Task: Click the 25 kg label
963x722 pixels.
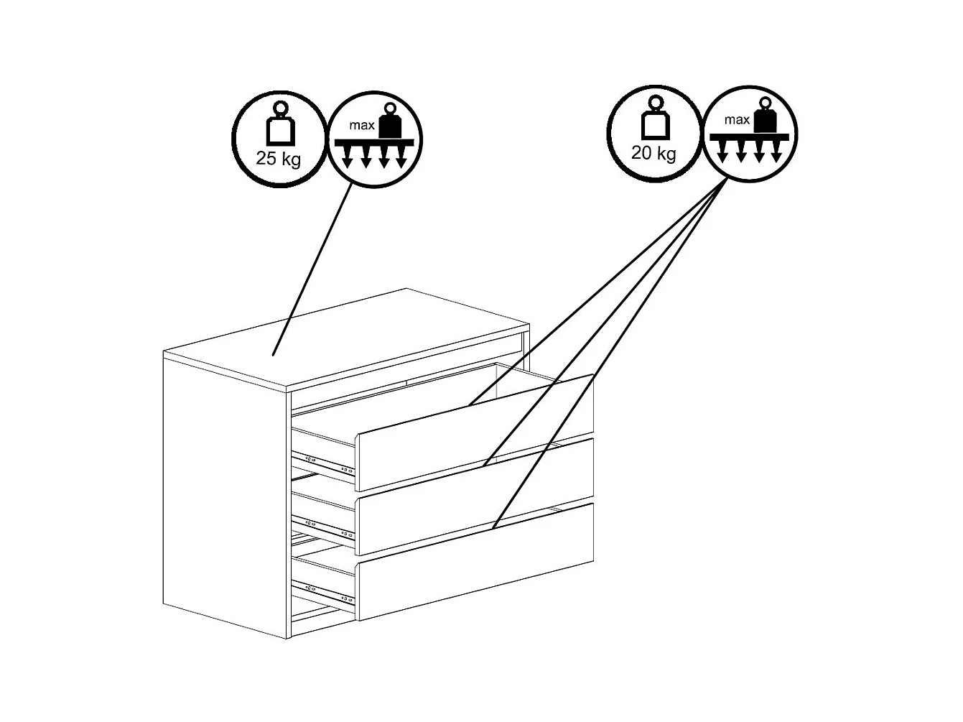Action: [x=278, y=159]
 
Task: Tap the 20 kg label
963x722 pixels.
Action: [x=653, y=153]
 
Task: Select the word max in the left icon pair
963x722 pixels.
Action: [x=361, y=126]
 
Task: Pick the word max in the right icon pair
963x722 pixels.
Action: [x=737, y=119]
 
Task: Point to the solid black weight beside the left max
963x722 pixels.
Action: [x=391, y=120]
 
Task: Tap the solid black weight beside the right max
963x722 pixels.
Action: [x=766, y=114]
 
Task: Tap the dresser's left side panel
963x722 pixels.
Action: [x=225, y=495]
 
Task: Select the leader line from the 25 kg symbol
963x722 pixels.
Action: [x=312, y=269]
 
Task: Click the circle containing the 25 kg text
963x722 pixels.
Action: [x=279, y=139]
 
